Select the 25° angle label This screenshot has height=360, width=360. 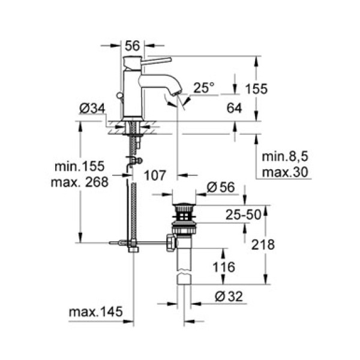pyautogui.click(x=203, y=88)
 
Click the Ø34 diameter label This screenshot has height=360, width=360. pyautogui.click(x=89, y=109)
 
